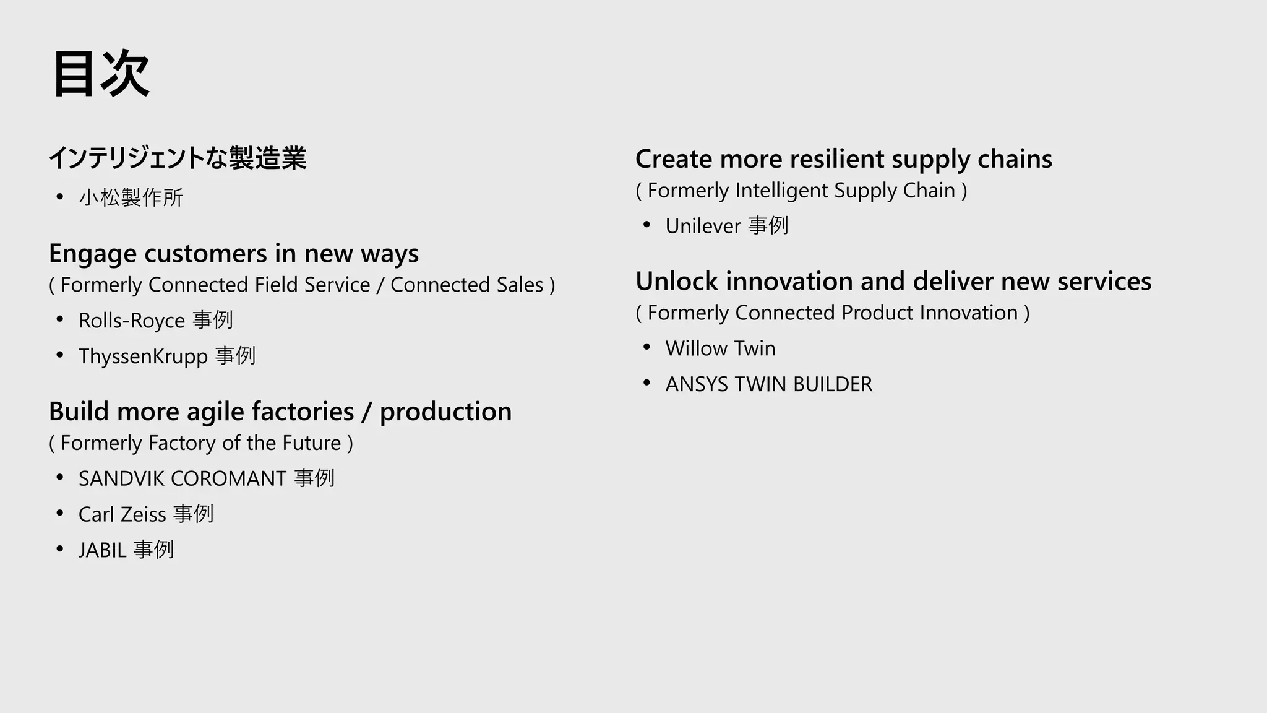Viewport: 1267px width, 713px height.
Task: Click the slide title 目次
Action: pyautogui.click(x=101, y=74)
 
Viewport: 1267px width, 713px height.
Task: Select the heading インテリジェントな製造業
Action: pyautogui.click(x=178, y=158)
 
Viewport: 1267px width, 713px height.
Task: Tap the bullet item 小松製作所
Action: pyautogui.click(x=131, y=197)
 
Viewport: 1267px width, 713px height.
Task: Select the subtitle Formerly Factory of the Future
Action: pyautogui.click(x=201, y=443)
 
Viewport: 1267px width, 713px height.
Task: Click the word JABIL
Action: pyautogui.click(x=103, y=550)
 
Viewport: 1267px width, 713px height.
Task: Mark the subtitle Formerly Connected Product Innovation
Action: pyautogui.click(x=833, y=313)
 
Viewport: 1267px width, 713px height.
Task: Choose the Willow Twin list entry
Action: pyautogui.click(x=720, y=348)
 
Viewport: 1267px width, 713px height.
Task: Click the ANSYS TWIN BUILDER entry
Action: pyautogui.click(x=768, y=384)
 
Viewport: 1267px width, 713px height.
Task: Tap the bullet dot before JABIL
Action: pyautogui.click(x=60, y=549)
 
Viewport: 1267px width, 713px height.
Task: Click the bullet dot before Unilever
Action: pyautogui.click(x=646, y=225)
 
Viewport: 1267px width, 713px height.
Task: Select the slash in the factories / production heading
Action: pyautogui.click(x=367, y=412)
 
